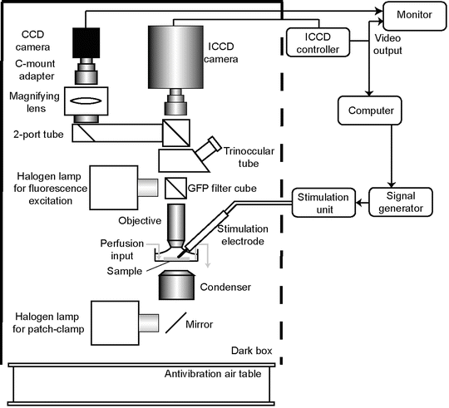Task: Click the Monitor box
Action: pos(414,16)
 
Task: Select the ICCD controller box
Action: pos(318,42)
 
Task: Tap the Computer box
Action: pos(370,111)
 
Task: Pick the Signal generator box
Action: pos(401,202)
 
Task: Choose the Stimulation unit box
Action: pos(323,203)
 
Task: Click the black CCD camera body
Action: pos(86,43)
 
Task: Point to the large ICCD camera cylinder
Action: pos(175,57)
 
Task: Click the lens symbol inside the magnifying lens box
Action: pos(86,101)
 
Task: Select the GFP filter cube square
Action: pos(175,189)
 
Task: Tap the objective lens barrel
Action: pos(175,226)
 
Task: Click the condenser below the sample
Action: pos(177,285)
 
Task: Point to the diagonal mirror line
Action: pos(175,322)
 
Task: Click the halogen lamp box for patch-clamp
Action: pos(115,323)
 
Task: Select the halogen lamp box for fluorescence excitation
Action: pos(114,188)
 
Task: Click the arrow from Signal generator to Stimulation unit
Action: pos(363,203)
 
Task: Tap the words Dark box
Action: pos(252,351)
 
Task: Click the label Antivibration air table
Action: pos(213,374)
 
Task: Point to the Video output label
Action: pos(387,44)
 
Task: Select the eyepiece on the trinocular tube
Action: pos(209,149)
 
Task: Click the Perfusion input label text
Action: pos(122,249)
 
